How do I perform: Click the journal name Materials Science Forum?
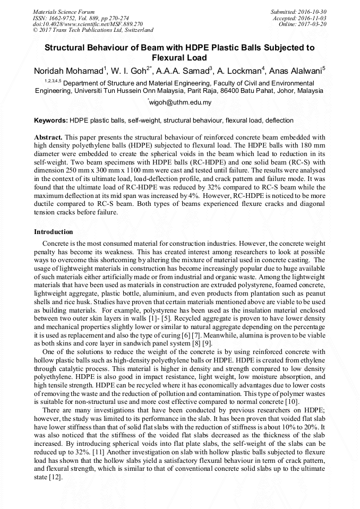click(x=64, y=12)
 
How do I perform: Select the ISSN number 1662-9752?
click(x=63, y=18)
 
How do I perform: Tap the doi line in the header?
click(x=88, y=24)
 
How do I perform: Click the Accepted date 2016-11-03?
click(x=314, y=18)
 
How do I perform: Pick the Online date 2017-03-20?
click(x=314, y=24)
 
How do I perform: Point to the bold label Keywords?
click(x=51, y=120)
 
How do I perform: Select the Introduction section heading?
click(x=54, y=232)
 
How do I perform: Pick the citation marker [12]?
click(x=55, y=477)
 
